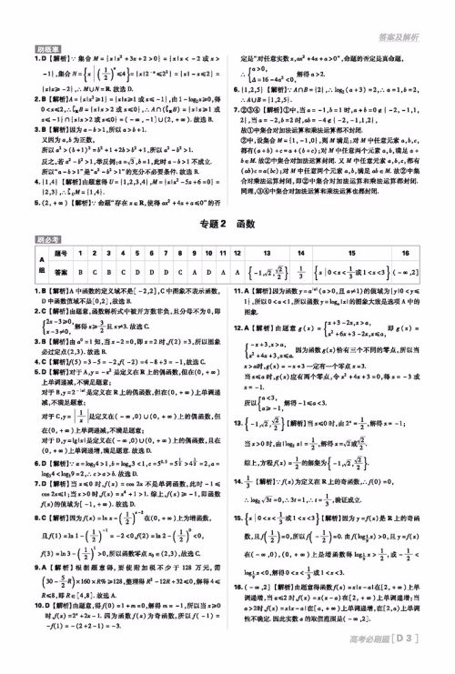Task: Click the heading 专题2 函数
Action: point(227,199)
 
